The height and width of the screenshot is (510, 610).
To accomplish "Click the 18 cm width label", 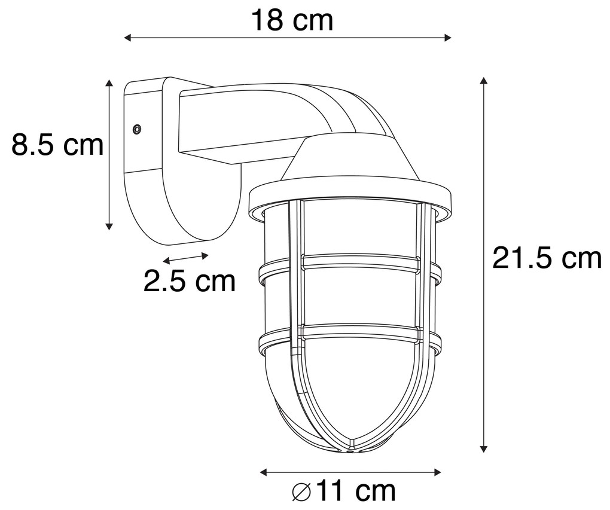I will coord(292,20).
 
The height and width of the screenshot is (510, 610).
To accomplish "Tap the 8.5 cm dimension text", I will coord(57,145).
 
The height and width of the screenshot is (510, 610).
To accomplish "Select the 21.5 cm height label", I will coord(546,258).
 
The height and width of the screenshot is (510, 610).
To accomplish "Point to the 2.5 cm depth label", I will coord(190,281).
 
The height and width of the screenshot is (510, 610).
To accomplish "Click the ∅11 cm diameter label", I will coord(344,491).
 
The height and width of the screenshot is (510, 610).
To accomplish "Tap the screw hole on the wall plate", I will coord(137,129).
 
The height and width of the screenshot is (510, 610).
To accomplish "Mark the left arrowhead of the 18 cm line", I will coord(127,38).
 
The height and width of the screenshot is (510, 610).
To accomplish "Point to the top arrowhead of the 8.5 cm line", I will coord(109,83).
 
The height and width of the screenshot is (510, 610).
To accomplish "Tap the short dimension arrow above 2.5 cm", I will coord(186,258).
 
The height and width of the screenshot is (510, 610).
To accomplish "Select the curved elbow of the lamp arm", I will coord(353,111).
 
